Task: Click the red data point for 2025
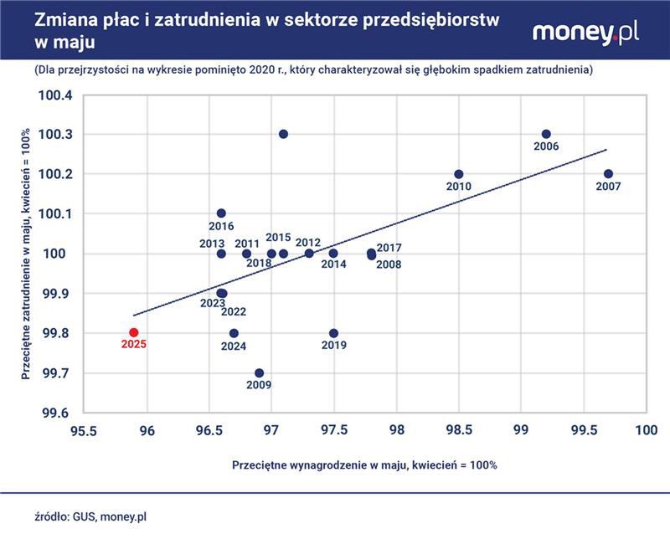coord(133,332)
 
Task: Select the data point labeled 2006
coord(546,134)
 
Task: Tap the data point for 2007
coord(608,174)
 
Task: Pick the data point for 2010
coord(458,174)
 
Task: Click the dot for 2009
coord(259,372)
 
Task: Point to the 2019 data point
coord(333,333)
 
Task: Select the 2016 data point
coord(221,213)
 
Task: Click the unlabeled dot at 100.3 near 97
coord(283,134)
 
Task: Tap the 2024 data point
coord(234,333)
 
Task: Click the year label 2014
coord(333,264)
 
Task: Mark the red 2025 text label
coord(133,344)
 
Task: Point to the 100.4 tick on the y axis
coord(56,95)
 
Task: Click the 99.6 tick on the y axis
coord(56,413)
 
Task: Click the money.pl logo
coord(585,33)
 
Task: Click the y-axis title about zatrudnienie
coord(26,254)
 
